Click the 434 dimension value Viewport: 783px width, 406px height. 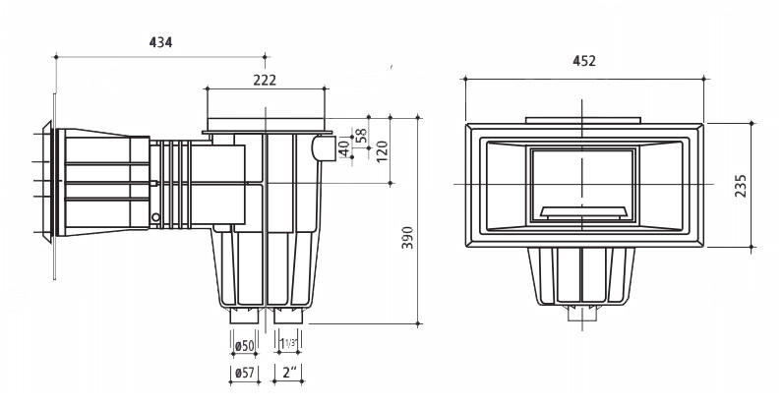point(160,42)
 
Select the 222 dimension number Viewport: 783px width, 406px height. point(265,80)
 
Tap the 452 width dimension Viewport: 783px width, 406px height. point(584,61)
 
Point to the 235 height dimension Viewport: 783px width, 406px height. point(741,186)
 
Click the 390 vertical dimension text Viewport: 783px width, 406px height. point(408,238)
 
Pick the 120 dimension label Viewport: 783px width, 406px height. point(382,151)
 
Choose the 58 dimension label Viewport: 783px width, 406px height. point(361,136)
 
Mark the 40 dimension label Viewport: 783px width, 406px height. point(344,148)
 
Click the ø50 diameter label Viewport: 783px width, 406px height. point(244,346)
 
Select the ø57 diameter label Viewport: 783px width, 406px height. point(244,373)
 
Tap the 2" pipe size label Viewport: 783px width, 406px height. point(289,373)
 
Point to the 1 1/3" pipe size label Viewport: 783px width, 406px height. point(288,344)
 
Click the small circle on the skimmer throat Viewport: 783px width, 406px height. point(155,217)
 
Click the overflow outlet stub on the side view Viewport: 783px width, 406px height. point(324,148)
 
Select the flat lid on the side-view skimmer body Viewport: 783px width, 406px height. point(267,125)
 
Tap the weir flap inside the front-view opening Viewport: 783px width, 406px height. point(582,213)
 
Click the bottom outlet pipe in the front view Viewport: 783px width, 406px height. point(582,314)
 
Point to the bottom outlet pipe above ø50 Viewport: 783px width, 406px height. point(244,317)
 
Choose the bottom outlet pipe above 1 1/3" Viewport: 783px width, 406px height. point(288,317)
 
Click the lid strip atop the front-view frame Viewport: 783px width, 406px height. point(582,120)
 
